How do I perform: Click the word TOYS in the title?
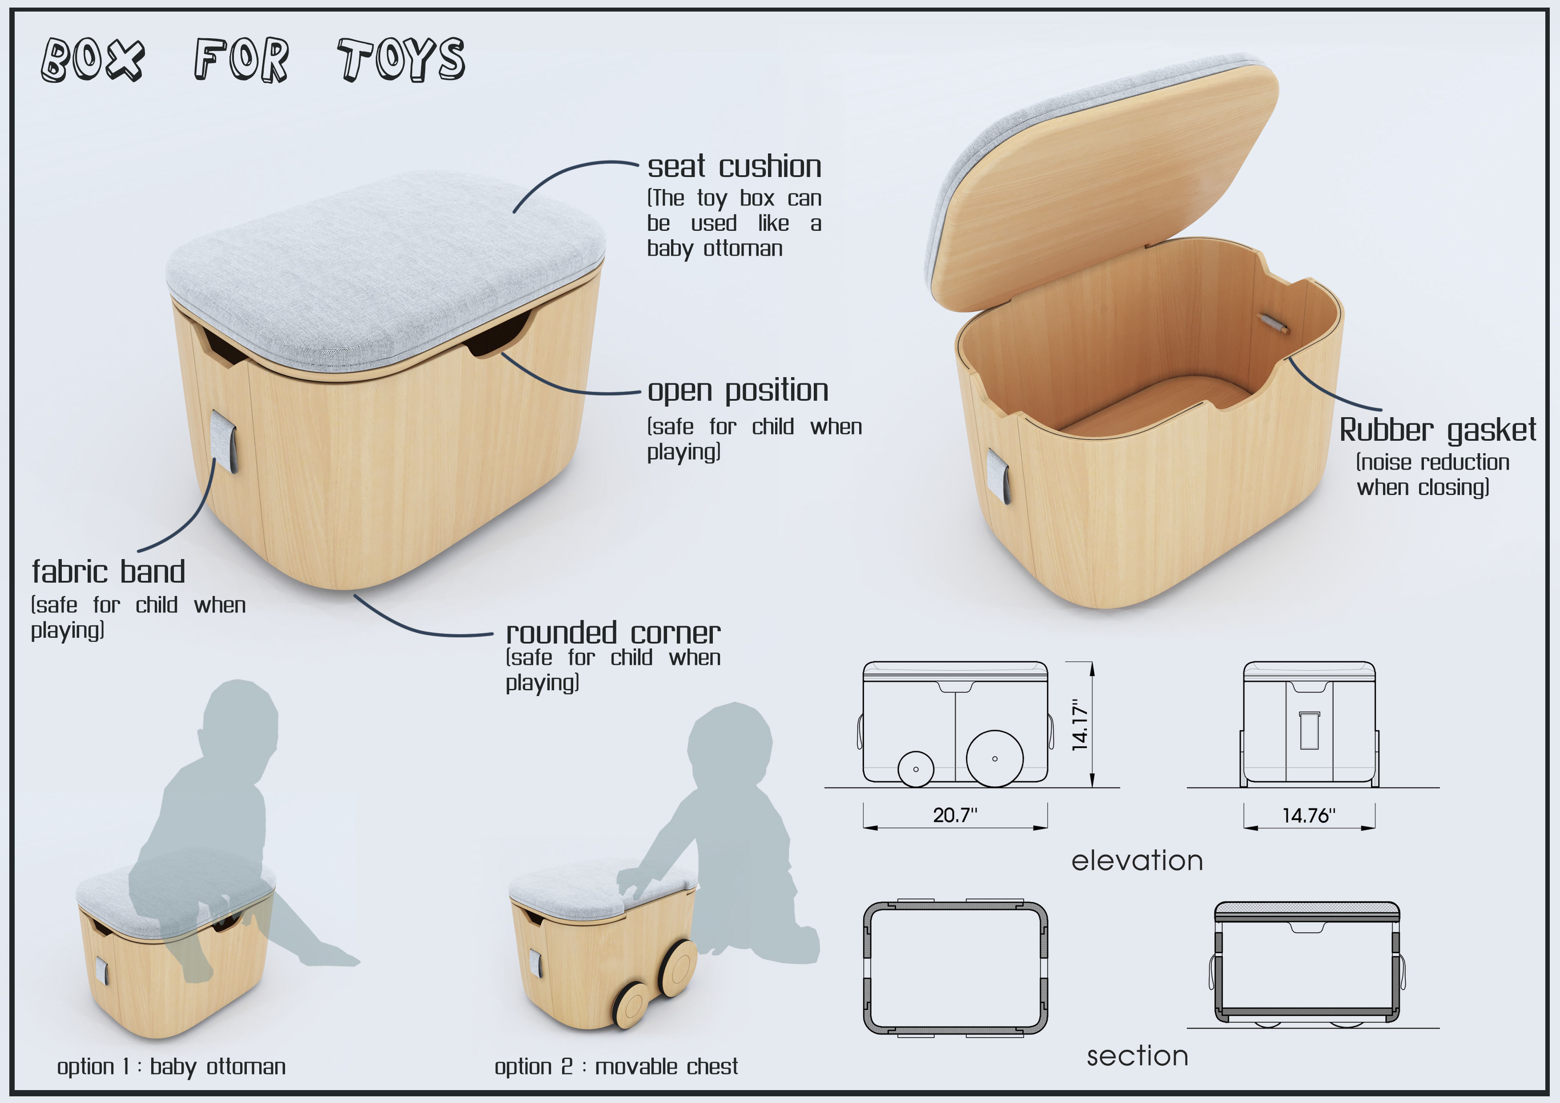[x=401, y=60]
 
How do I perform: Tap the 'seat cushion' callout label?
[x=734, y=166]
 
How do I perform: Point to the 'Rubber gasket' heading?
[x=1437, y=430]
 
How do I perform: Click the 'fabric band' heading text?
[x=109, y=572]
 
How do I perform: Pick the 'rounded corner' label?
[x=613, y=633]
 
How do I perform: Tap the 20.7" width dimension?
[x=955, y=815]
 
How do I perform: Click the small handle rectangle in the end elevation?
[x=1309, y=731]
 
